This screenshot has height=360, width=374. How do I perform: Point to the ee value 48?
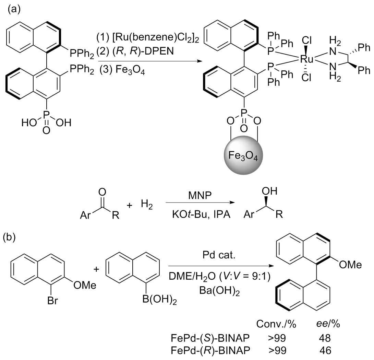pyautogui.click(x=323, y=338)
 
